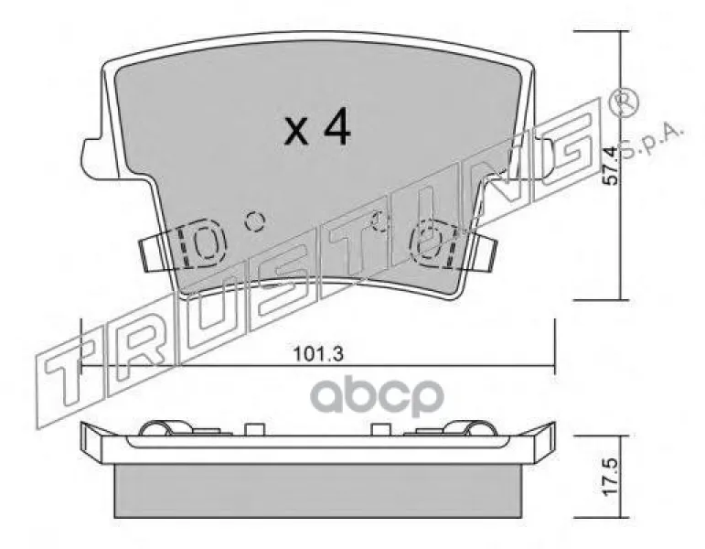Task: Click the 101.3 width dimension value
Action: (318, 354)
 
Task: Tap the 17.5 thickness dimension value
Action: (610, 478)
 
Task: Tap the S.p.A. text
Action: (653, 140)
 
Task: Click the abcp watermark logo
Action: (378, 395)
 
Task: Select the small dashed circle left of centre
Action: (255, 221)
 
